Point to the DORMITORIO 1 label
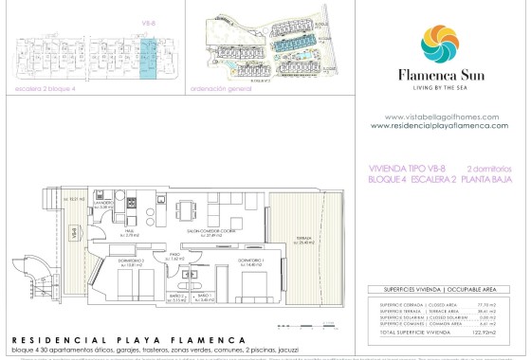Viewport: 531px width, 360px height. click(x=250, y=261)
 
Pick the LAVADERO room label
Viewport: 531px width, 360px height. click(x=108, y=203)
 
